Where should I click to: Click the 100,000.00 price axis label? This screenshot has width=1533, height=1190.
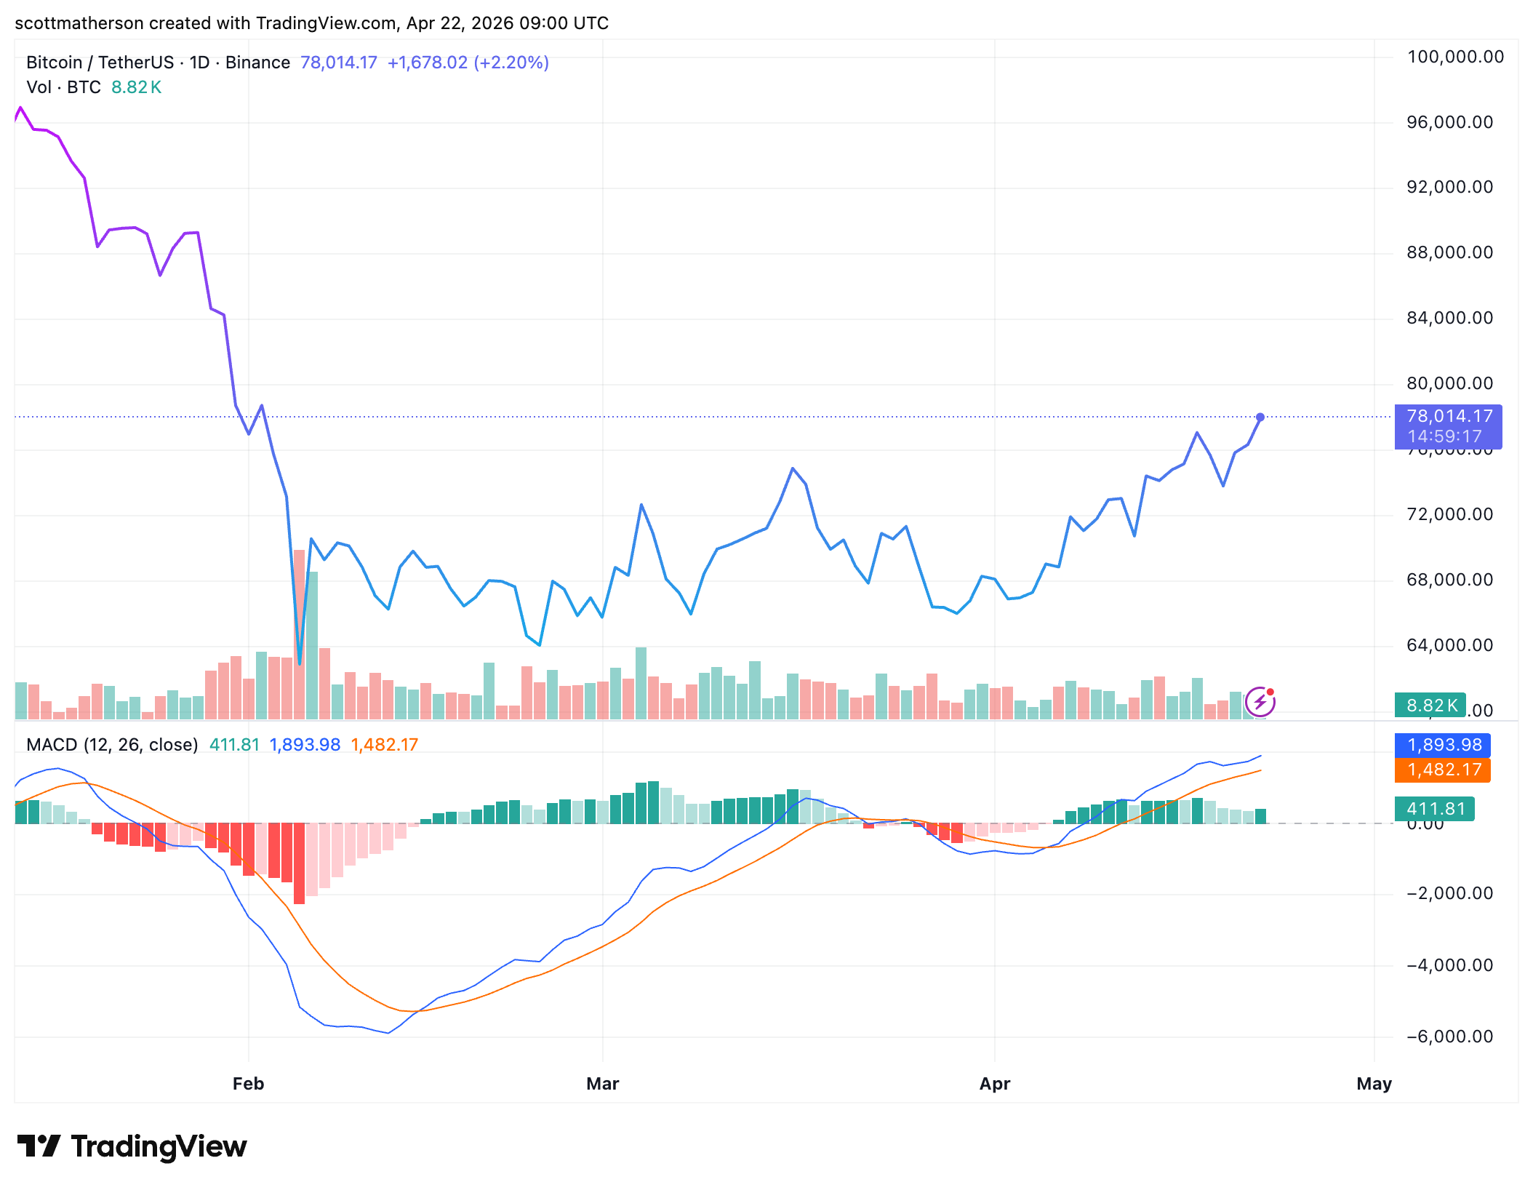tap(1455, 57)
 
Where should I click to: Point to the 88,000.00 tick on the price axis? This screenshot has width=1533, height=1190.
tap(1449, 252)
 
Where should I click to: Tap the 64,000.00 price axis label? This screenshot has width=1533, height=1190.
tap(1449, 645)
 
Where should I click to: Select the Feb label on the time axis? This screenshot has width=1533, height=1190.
tap(248, 1084)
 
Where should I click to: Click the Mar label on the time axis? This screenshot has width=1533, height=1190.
tap(602, 1084)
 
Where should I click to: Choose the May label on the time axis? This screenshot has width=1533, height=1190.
tap(1374, 1084)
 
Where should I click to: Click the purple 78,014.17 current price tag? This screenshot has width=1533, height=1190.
tap(1448, 426)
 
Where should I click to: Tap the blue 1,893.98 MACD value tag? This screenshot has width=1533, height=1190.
tap(1443, 745)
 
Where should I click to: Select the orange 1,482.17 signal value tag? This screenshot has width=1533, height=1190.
tap(1443, 770)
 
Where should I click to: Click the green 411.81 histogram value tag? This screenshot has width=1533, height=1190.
tap(1435, 809)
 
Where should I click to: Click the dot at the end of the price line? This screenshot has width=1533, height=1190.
tap(1260, 418)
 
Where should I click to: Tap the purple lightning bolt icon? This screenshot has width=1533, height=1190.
tap(1260, 703)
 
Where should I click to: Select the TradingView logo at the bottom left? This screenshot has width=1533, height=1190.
tap(132, 1147)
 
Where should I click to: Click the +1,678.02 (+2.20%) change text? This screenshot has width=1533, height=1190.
tap(468, 63)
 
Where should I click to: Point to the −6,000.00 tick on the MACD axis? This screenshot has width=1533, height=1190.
tap(1449, 1037)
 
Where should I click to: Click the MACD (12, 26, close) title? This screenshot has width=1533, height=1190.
tap(112, 745)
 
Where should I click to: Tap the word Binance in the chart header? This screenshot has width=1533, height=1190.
tap(257, 63)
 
